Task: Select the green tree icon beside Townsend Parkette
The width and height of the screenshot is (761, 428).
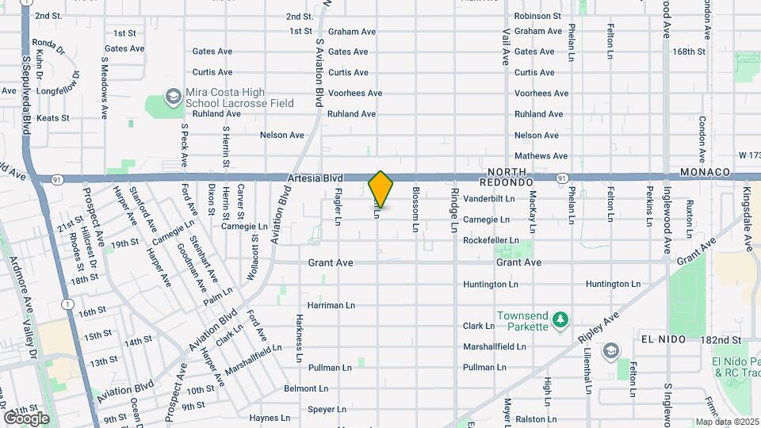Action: (x=560, y=320)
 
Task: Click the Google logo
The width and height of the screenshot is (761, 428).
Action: (x=26, y=418)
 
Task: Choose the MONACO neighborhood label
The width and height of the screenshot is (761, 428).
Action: (x=705, y=172)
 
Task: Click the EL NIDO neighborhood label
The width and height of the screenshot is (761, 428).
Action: (x=663, y=338)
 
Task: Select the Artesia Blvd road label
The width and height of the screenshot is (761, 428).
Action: (x=315, y=179)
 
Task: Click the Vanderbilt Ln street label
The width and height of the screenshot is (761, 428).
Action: (x=489, y=198)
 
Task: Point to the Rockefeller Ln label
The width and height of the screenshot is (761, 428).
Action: (x=491, y=240)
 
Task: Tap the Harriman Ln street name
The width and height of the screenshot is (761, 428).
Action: (x=331, y=305)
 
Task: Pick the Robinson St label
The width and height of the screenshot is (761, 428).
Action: (x=537, y=16)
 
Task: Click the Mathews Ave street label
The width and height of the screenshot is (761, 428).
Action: (x=541, y=156)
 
